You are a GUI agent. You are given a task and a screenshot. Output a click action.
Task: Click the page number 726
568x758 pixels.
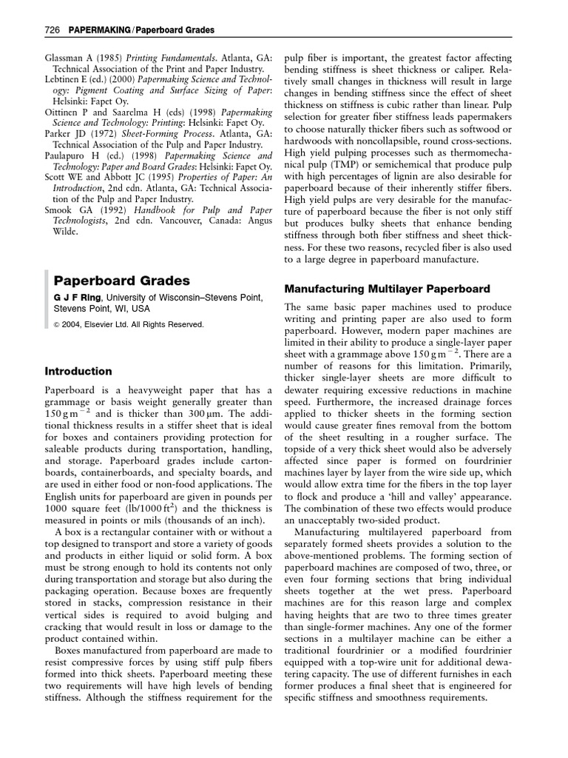53,30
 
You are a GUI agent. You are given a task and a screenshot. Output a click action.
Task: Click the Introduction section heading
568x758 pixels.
78,371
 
